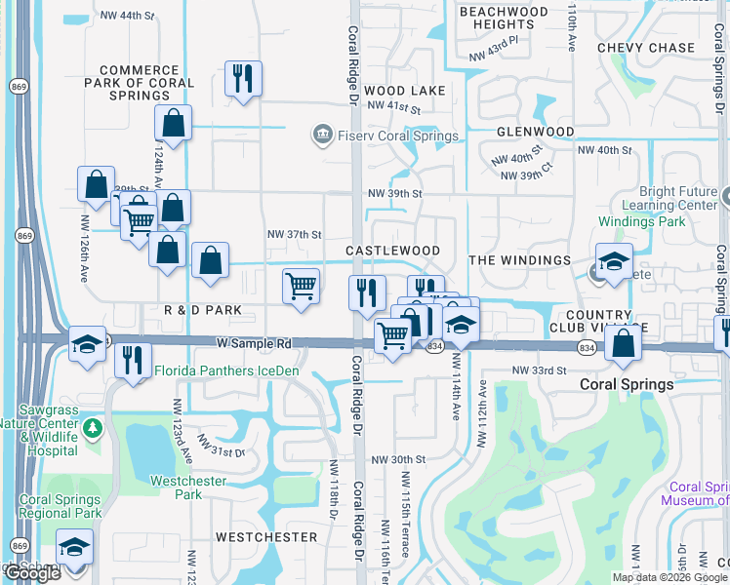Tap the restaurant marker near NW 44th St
[x=241, y=79]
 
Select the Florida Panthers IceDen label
[x=225, y=370]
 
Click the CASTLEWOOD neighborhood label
[x=392, y=252]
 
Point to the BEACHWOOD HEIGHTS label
[x=504, y=18]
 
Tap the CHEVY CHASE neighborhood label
[x=646, y=48]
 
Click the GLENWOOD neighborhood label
[x=535, y=132]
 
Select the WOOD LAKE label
[x=405, y=91]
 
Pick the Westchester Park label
[x=188, y=487]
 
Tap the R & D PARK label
[x=202, y=310]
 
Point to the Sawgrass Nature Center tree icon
[x=92, y=428]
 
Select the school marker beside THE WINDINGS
[x=614, y=262]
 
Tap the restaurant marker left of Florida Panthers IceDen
[x=133, y=360]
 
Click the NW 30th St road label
[x=398, y=459]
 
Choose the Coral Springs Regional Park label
[x=61, y=506]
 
